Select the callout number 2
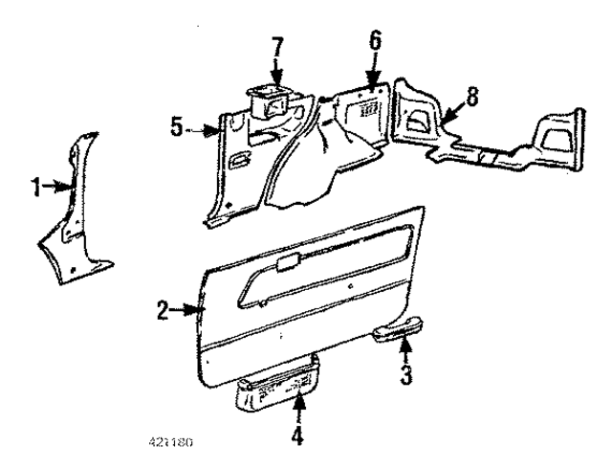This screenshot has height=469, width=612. pyautogui.click(x=163, y=309)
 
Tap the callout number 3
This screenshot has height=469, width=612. pyautogui.click(x=405, y=375)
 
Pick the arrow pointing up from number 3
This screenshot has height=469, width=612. pyautogui.click(x=405, y=352)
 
